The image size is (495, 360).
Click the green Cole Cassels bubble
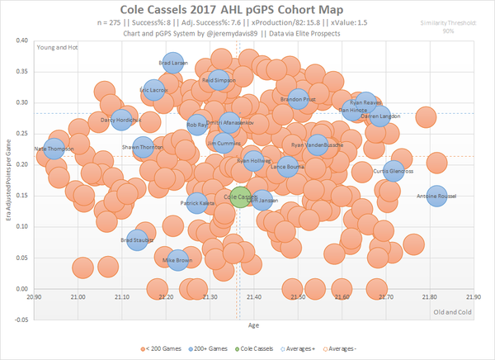240,197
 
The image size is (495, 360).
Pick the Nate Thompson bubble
54,149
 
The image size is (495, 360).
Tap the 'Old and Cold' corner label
453,311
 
